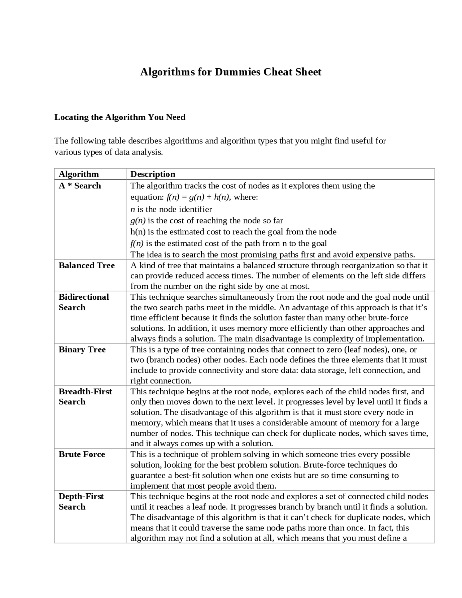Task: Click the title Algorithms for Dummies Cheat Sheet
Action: pyautogui.click(x=231, y=72)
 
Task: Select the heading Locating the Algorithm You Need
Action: pyautogui.click(x=120, y=117)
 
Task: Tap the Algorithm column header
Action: pyautogui.click(x=79, y=174)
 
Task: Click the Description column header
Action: pyautogui.click(x=153, y=174)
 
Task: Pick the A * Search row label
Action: pyautogui.click(x=80, y=186)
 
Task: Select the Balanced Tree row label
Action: pyautogui.click(x=87, y=265)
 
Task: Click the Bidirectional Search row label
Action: pyautogui.click(x=83, y=302)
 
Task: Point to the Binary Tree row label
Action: pyautogui.click(x=82, y=350)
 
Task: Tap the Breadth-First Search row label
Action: pyautogui.click(x=85, y=396)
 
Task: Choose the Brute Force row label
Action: pyautogui.click(x=82, y=454)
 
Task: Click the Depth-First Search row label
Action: pyautogui.click(x=81, y=501)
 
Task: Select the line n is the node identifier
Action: pyautogui.click(x=171, y=209)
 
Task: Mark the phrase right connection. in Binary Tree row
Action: pyautogui.click(x=161, y=381)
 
